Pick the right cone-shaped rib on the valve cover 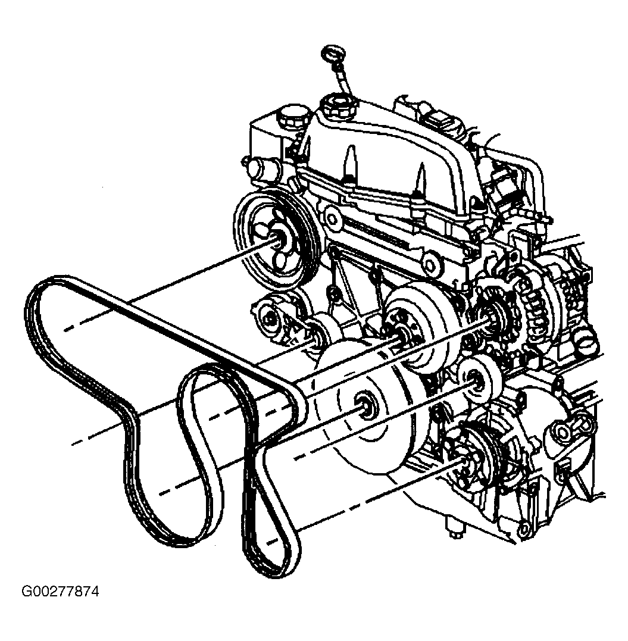click(x=420, y=181)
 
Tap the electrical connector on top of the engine click(x=440, y=117)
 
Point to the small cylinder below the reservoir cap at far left click(x=261, y=168)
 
